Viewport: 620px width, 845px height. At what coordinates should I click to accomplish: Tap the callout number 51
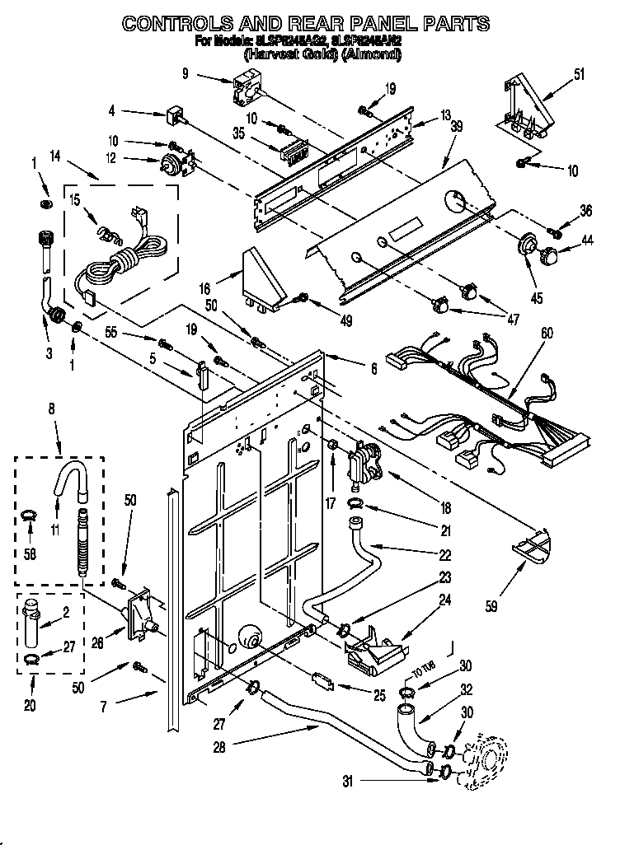coord(579,74)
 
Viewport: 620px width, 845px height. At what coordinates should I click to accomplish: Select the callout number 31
coord(347,782)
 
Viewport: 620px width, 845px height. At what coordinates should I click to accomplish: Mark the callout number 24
coord(444,600)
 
